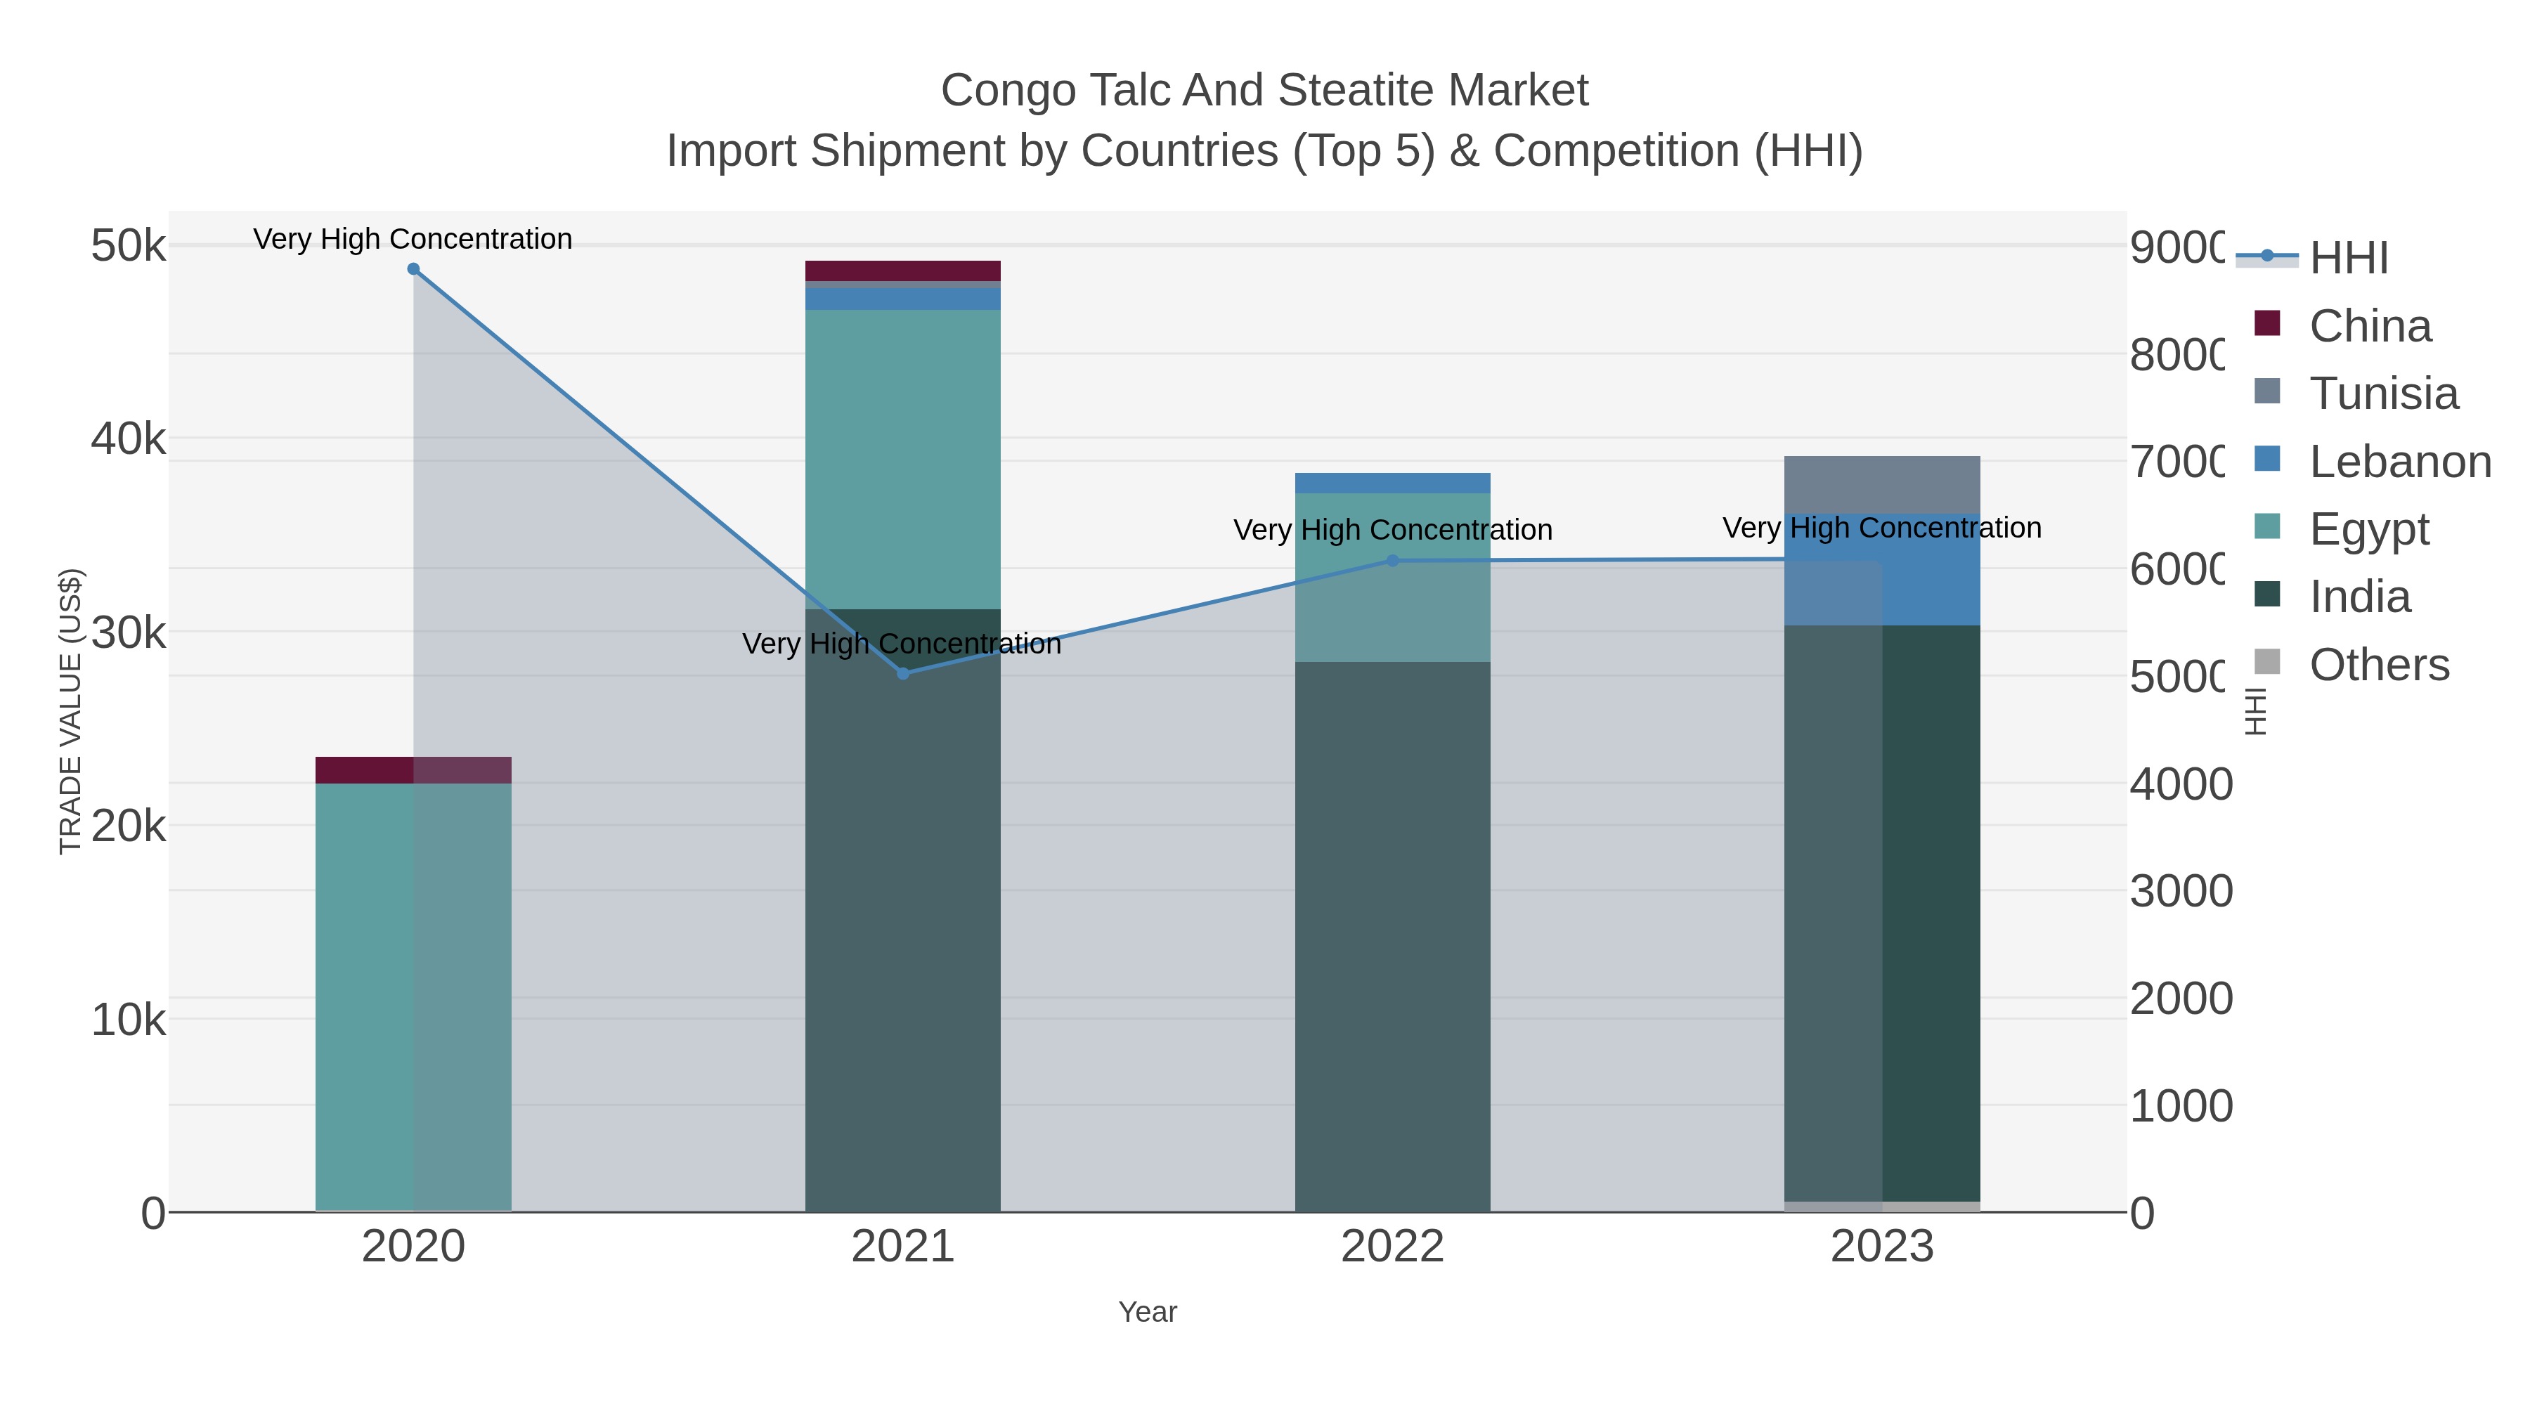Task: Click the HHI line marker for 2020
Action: pyautogui.click(x=413, y=269)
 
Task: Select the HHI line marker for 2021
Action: pyautogui.click(x=902, y=674)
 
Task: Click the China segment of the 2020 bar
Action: pyautogui.click(x=413, y=770)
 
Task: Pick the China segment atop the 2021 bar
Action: pyautogui.click(x=902, y=271)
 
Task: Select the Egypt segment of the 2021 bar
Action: pyautogui.click(x=902, y=460)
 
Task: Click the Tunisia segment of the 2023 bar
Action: pyautogui.click(x=1882, y=485)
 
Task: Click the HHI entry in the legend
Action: pyautogui.click(x=2347, y=259)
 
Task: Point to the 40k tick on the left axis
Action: pyautogui.click(x=129, y=439)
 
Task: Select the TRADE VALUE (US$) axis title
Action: pyautogui.click(x=71, y=711)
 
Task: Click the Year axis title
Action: pyautogui.click(x=1147, y=1312)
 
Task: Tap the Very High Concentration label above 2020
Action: pyautogui.click(x=413, y=239)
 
